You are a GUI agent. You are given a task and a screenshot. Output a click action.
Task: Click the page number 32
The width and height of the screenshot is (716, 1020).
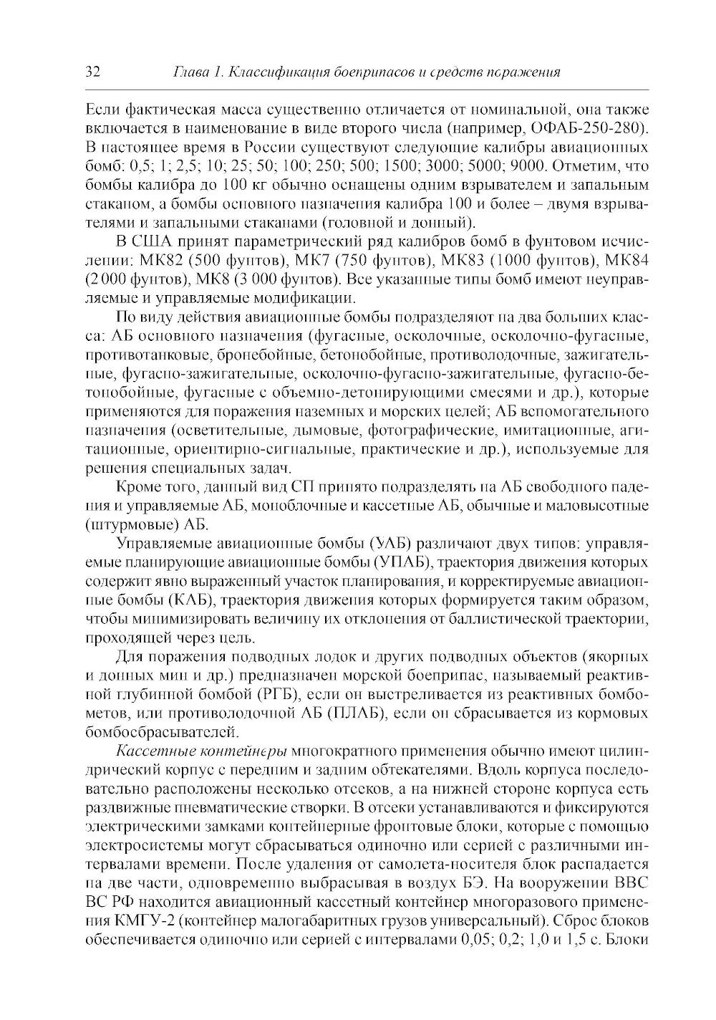click(93, 73)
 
